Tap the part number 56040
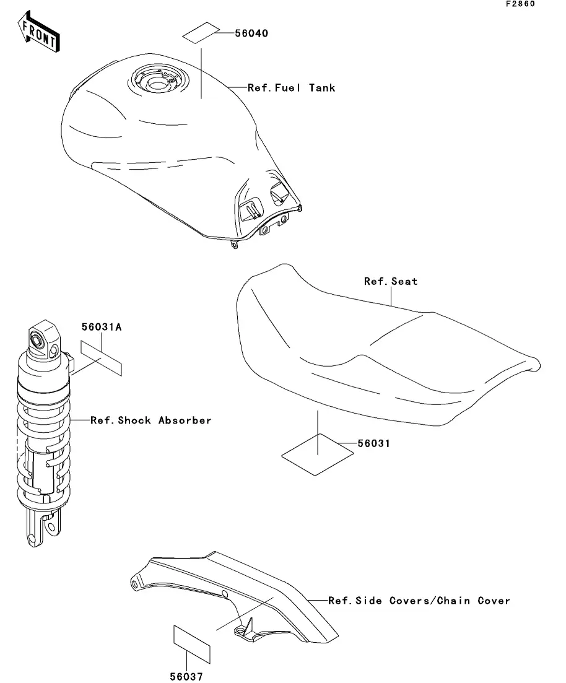[x=251, y=33]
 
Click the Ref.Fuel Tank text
[x=291, y=88]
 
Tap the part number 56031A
[x=101, y=326]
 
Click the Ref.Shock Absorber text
[x=151, y=420]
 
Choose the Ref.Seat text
[x=391, y=281]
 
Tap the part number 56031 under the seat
[x=373, y=444]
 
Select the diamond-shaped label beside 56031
[x=318, y=455]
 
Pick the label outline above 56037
[x=191, y=643]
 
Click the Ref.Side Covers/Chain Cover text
[x=419, y=601]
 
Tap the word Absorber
[x=185, y=420]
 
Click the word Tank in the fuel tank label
[x=322, y=88]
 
